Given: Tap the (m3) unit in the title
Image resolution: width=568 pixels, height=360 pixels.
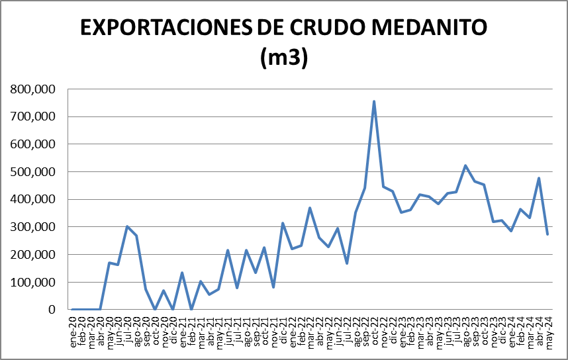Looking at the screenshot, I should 283,57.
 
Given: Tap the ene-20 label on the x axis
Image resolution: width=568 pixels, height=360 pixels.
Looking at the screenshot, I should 72,327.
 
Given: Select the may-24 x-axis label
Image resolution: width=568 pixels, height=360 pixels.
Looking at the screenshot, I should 548,328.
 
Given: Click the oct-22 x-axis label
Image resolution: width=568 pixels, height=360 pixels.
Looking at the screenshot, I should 374,327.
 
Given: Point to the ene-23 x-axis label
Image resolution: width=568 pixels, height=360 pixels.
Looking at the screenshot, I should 402,327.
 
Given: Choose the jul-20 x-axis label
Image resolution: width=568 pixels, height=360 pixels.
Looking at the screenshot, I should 127,327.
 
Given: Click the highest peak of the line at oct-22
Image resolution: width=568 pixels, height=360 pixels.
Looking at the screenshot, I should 374,101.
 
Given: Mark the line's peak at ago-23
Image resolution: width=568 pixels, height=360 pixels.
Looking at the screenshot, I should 465,165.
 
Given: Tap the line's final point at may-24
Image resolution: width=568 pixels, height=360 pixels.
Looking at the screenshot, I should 547,234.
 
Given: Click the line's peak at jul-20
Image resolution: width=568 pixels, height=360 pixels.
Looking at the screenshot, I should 127,226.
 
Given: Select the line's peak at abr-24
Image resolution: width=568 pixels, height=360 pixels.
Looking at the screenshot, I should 539,178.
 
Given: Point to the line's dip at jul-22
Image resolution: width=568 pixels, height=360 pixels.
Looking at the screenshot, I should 347,263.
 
